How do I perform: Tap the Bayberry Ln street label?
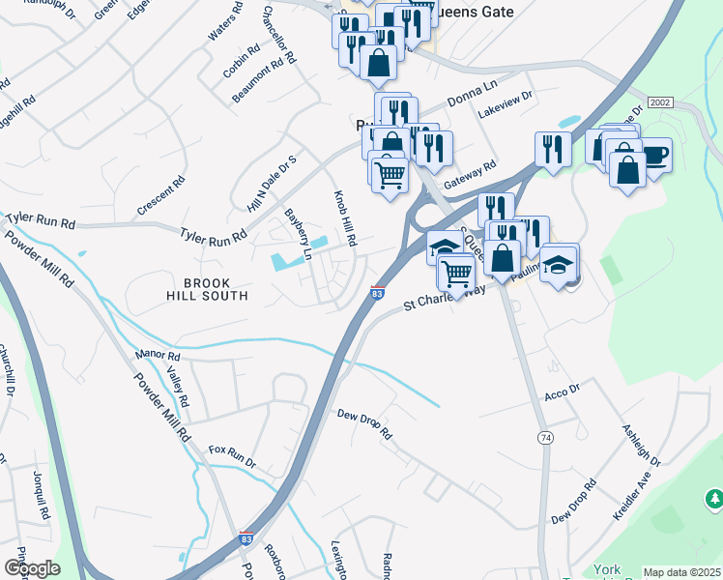[x=299, y=235]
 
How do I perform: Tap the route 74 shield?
[x=545, y=438]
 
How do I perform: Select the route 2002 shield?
[x=660, y=101]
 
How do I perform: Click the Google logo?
[x=31, y=567]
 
